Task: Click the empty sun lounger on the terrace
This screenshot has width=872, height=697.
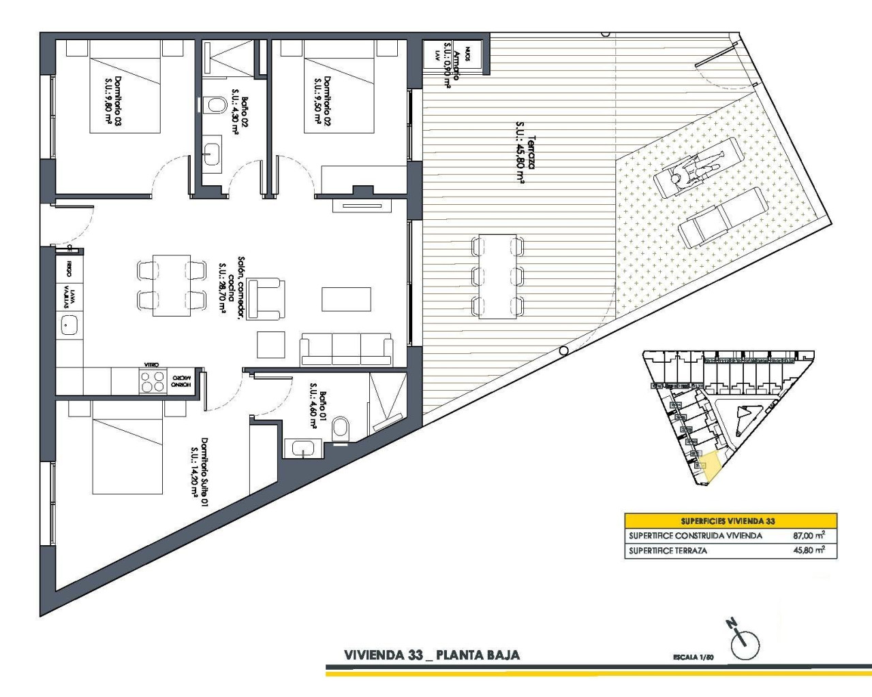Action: [x=723, y=218]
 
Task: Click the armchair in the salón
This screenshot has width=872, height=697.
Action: [x=266, y=298]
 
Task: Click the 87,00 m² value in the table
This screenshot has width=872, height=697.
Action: [x=809, y=536]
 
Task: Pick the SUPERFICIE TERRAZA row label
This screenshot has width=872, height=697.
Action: [x=668, y=551]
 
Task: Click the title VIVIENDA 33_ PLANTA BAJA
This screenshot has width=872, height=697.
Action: [x=432, y=655]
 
